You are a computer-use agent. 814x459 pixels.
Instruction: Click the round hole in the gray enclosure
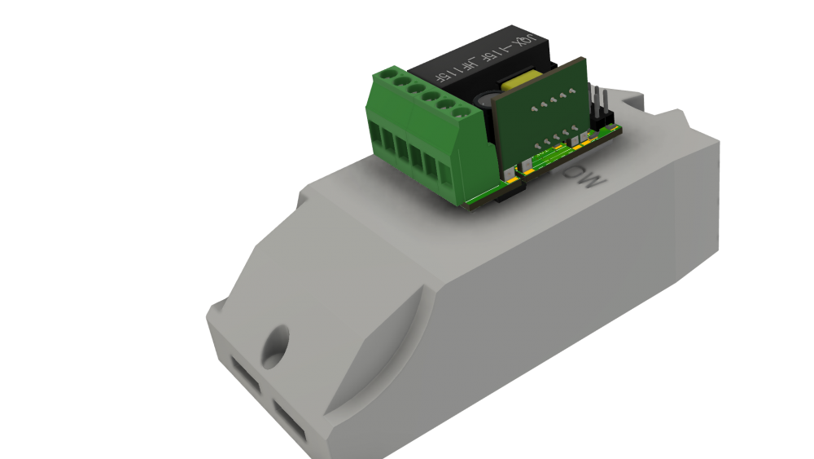[x=276, y=343]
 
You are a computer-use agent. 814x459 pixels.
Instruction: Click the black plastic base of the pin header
[x=605, y=121]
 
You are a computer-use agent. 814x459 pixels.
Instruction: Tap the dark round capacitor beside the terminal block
[x=485, y=101]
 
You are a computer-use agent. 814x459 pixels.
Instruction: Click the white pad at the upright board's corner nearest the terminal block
[x=510, y=172]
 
